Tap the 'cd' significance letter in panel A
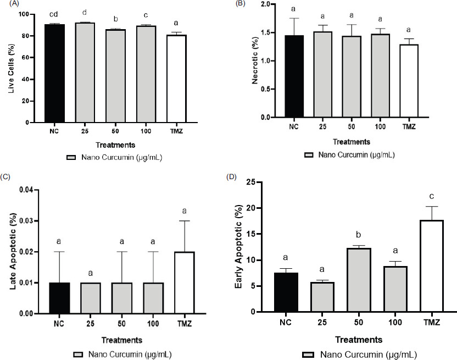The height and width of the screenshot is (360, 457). pos(55,13)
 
